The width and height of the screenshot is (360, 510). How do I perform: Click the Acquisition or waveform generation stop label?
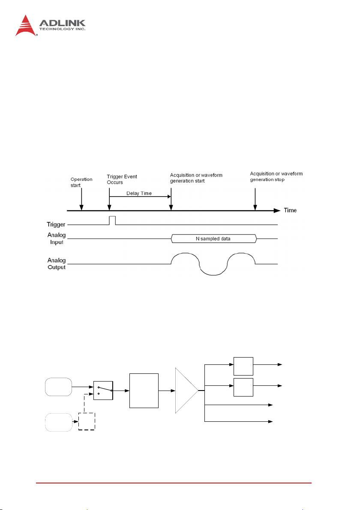pyautogui.click(x=276, y=176)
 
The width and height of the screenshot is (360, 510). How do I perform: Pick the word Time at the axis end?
pyautogui.click(x=290, y=210)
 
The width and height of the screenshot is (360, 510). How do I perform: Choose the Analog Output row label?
pyautogui.click(x=57, y=262)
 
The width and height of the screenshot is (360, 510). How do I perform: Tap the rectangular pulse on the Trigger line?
pyautogui.click(x=113, y=221)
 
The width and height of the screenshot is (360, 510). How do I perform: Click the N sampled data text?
pyautogui.click(x=213, y=238)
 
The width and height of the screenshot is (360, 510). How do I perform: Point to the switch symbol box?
pyautogui.click(x=103, y=391)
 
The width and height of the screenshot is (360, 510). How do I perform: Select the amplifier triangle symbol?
pyautogui.click(x=185, y=391)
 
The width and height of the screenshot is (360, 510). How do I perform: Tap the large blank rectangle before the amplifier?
pyautogui.click(x=144, y=391)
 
